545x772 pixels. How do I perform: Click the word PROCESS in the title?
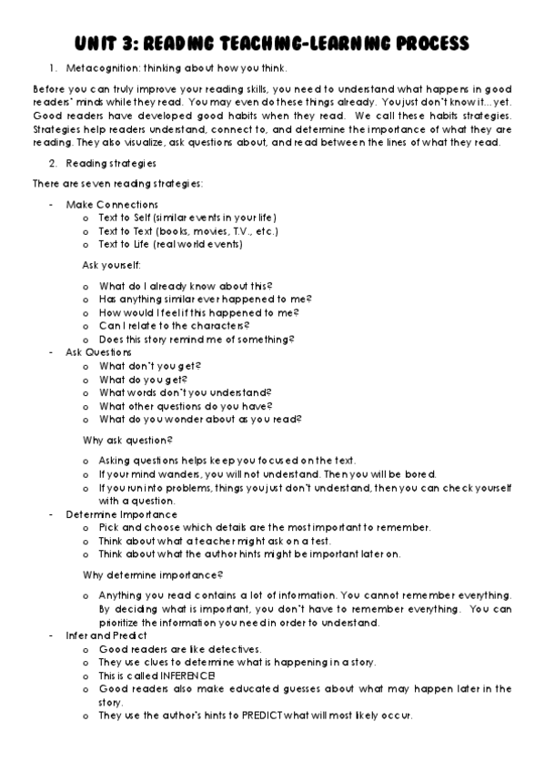[424, 43]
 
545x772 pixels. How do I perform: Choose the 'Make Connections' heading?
[111, 205]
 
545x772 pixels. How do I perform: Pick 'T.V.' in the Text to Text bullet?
[237, 231]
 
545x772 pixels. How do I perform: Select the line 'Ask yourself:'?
[112, 265]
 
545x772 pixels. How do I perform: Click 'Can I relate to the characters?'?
[174, 325]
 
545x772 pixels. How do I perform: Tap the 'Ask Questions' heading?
[98, 351]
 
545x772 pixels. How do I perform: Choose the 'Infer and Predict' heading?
[106, 635]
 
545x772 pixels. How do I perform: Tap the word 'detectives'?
[233, 649]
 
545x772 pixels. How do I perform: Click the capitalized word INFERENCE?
[182, 675]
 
